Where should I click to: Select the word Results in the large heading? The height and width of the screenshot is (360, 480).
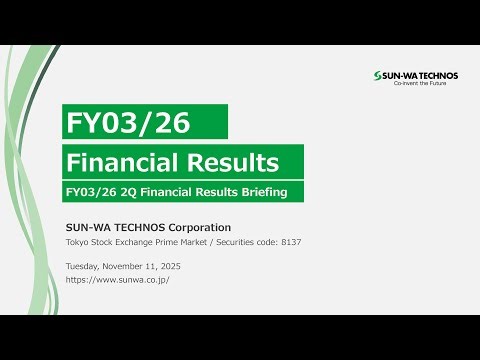232,161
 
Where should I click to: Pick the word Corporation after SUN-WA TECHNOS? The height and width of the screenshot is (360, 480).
194,227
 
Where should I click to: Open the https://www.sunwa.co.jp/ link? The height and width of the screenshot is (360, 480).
117,280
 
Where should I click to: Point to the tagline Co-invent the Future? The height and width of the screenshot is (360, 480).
424,84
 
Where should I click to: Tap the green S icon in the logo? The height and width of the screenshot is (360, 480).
375,76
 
